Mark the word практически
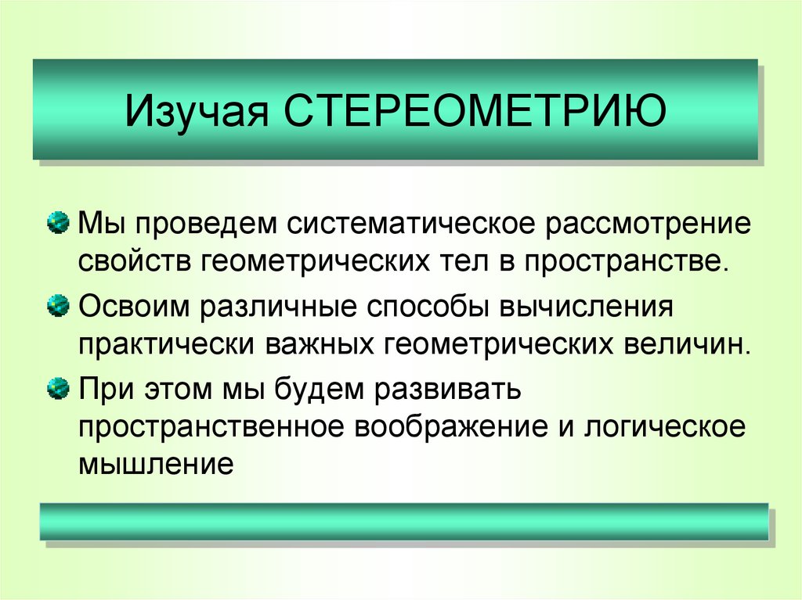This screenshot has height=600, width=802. pyautogui.click(x=168, y=344)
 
